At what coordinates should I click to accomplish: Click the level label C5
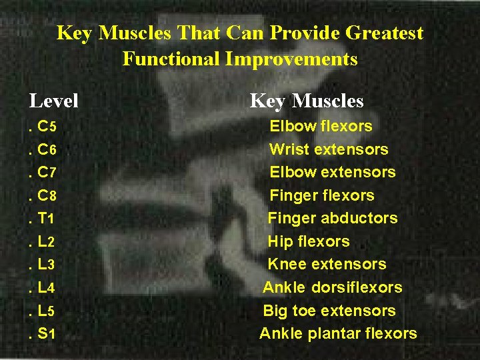(x=47, y=127)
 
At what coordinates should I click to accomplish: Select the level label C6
(x=47, y=149)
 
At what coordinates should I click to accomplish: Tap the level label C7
(x=47, y=173)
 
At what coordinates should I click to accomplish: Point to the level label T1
(x=47, y=219)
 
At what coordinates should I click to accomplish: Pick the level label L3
(x=47, y=265)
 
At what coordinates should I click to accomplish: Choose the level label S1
(x=47, y=333)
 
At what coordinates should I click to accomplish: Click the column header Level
(x=54, y=101)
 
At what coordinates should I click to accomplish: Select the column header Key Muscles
(x=307, y=101)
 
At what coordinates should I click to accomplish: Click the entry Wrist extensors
(x=329, y=149)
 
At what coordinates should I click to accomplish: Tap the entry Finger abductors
(x=333, y=218)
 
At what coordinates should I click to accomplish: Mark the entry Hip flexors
(x=309, y=241)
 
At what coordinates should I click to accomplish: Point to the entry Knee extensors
(x=327, y=264)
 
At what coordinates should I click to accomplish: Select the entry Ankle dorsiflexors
(x=332, y=287)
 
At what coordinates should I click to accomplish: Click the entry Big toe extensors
(x=329, y=311)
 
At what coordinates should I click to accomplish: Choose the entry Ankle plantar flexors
(x=338, y=333)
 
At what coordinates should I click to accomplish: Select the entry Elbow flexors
(x=321, y=126)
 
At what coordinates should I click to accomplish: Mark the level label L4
(x=47, y=288)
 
